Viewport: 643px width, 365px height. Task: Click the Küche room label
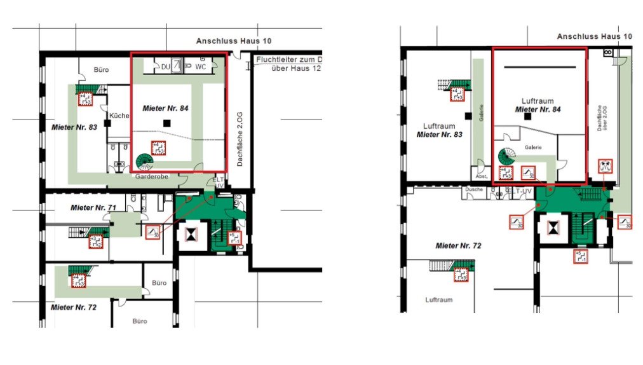pos(119,116)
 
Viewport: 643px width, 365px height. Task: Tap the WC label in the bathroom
pos(201,66)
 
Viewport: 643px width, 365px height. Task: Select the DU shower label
pos(166,66)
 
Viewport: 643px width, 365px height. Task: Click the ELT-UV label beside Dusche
pos(518,190)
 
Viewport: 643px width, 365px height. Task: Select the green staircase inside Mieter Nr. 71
pos(97,232)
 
